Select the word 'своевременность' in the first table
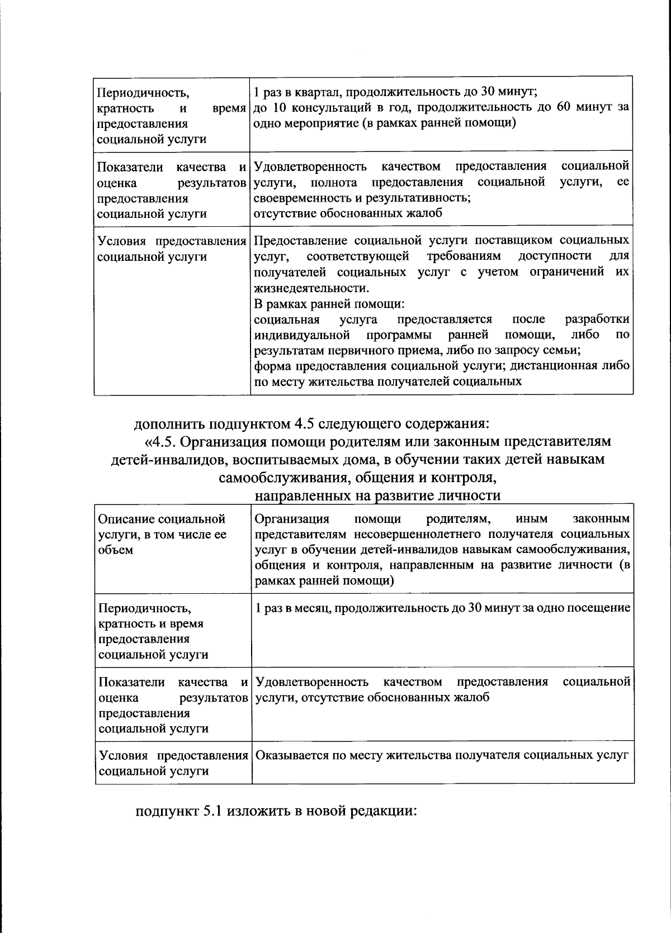pyautogui.click(x=295, y=198)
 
